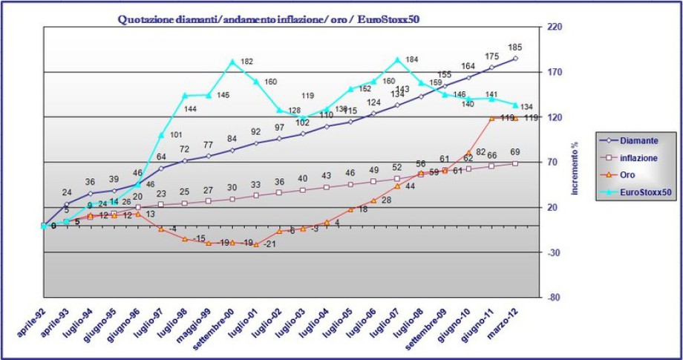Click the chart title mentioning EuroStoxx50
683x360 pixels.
(269, 19)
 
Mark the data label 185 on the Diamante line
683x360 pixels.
(515, 48)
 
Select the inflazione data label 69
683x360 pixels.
(515, 152)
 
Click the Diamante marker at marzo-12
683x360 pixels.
(515, 58)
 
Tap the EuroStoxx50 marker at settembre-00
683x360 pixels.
(232, 62)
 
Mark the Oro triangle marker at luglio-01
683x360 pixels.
(256, 243)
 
